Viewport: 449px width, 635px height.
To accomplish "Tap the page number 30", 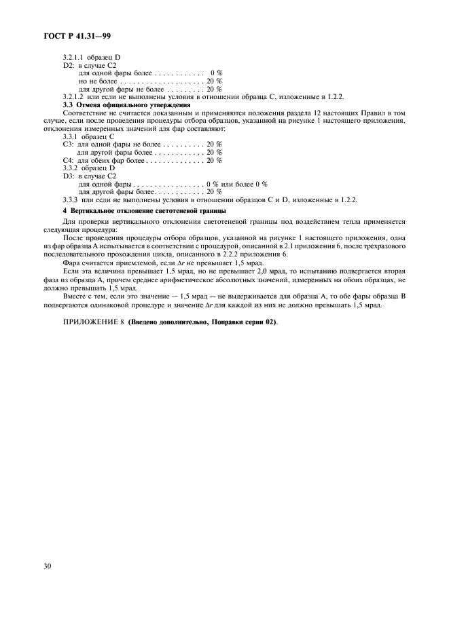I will pyautogui.click(x=48, y=564).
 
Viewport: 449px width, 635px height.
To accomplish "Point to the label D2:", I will pyautogui.click(x=69, y=66).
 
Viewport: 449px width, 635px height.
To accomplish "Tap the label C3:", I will pyautogui.click(x=69, y=145).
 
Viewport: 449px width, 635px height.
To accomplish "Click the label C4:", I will pyautogui.click(x=69, y=160).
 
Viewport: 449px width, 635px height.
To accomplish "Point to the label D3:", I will pyautogui.click(x=69, y=176).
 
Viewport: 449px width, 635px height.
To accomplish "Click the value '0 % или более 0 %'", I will pyautogui.click(x=236, y=184).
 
